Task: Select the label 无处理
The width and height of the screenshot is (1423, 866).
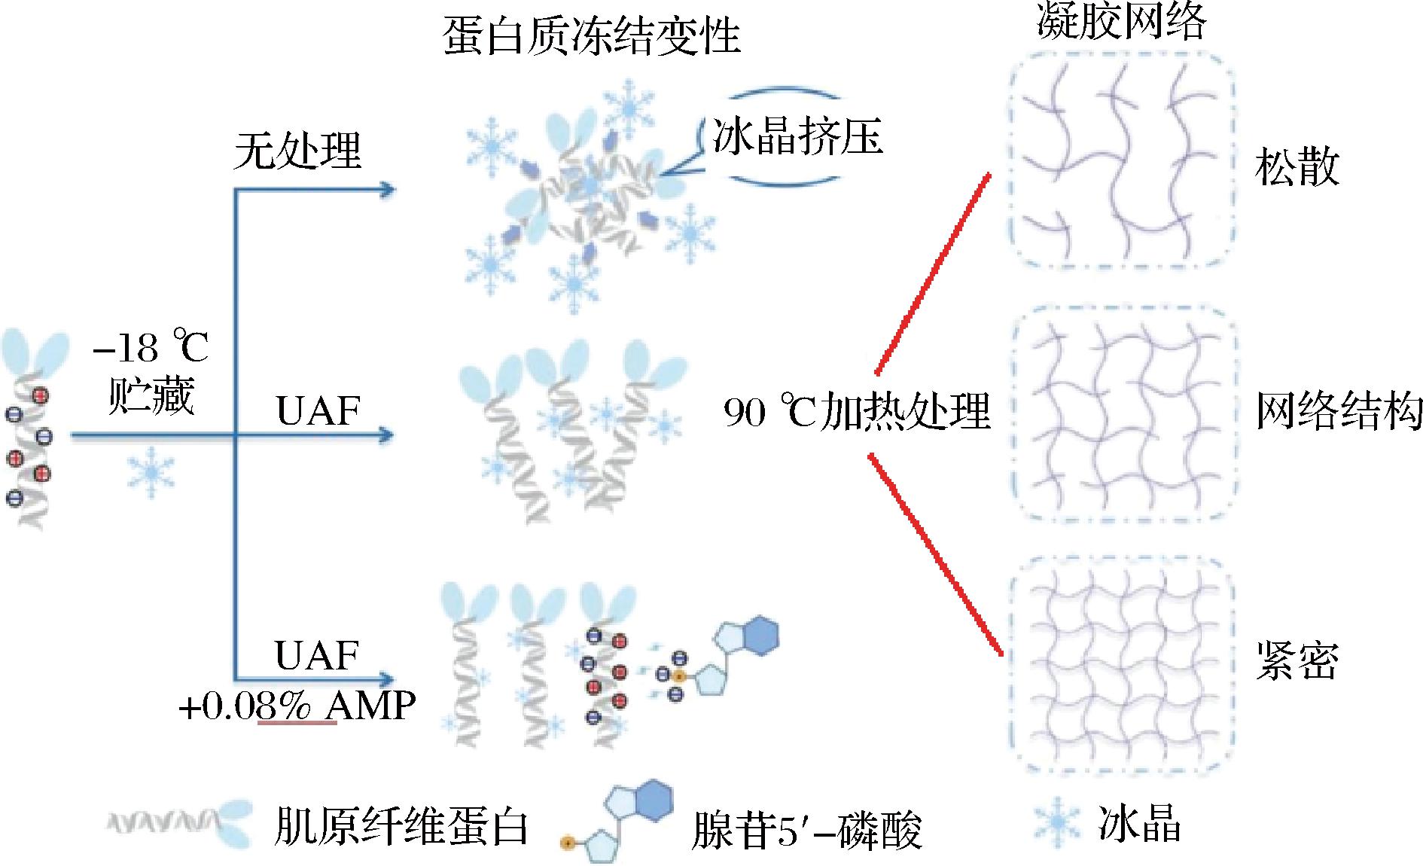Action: coord(297,151)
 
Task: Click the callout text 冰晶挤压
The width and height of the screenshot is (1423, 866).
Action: coord(797,138)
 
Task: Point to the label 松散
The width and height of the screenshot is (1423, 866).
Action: coord(1297,167)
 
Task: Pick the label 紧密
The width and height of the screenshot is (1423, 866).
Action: coord(1297,661)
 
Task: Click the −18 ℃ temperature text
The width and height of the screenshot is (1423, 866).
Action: coord(151,349)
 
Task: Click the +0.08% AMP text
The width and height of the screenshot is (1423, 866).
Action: coord(297,706)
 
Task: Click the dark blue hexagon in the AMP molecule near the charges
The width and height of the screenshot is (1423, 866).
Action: coord(757,637)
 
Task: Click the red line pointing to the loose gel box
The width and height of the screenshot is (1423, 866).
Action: coord(931,275)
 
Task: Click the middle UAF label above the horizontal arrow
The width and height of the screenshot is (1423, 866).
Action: coord(318,411)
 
